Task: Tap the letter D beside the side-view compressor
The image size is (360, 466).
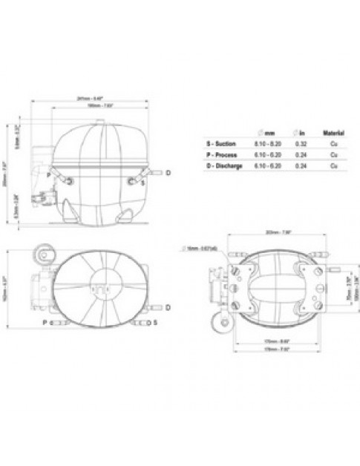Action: (168, 172)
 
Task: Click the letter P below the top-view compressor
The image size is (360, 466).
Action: (45, 323)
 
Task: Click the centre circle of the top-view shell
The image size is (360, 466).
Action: (98, 282)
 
